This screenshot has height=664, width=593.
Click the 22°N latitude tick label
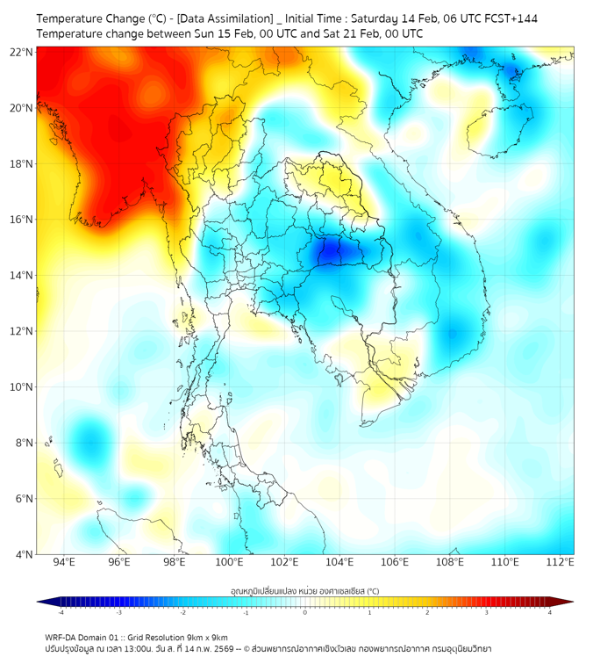tap(22, 52)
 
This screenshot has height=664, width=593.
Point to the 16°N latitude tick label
tap(22, 220)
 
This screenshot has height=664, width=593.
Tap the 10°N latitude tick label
tap(22, 387)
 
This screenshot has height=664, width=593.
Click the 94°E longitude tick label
tap(64, 562)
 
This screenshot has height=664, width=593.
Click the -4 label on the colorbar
tap(61, 612)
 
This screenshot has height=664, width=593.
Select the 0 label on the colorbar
tap(305, 612)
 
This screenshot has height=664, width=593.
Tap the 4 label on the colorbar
tap(550, 612)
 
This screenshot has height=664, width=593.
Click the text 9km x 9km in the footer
tap(204, 637)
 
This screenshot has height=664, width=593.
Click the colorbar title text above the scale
tap(304, 590)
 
